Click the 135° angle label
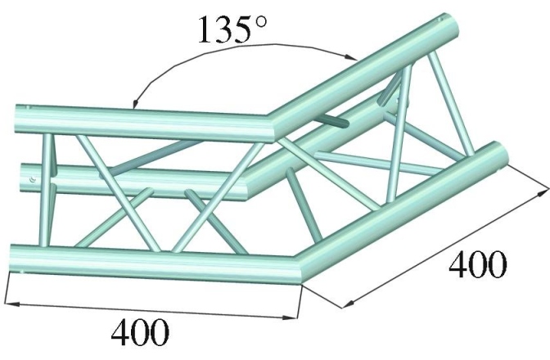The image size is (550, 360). click(x=232, y=29)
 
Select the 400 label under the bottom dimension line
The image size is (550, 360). click(x=140, y=334)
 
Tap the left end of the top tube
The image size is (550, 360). click(x=21, y=113)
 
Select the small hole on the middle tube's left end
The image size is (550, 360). click(x=30, y=178)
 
